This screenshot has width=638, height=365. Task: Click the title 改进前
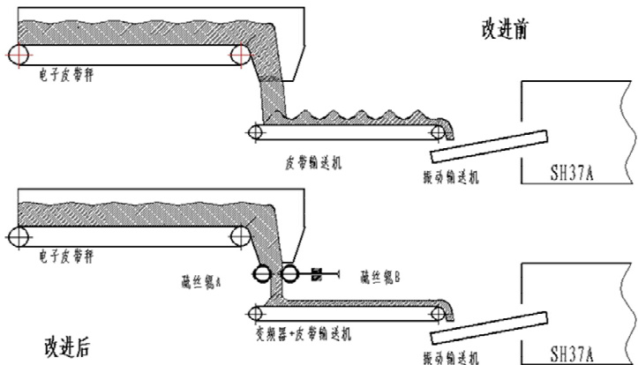click(499, 30)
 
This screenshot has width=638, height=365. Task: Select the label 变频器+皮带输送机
click(304, 334)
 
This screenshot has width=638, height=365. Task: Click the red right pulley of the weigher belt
click(238, 56)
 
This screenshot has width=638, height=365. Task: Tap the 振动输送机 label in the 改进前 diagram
click(454, 177)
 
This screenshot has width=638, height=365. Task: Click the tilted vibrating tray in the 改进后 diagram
click(489, 327)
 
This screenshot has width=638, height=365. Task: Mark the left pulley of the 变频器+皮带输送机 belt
click(256, 311)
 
